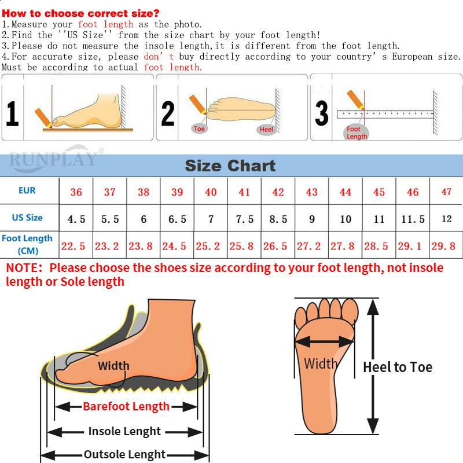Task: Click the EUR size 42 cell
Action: coord(278,192)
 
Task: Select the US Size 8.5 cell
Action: coord(278,219)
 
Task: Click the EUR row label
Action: coord(27,190)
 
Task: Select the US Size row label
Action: coord(27,218)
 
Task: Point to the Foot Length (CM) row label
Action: coord(27,245)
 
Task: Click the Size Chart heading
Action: coord(230,166)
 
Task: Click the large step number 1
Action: coord(12,114)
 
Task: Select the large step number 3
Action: coord(322,113)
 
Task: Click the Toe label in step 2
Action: coord(200,129)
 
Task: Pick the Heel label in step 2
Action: coord(266,130)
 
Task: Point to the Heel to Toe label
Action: coord(398,367)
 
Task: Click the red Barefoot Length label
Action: coord(126,406)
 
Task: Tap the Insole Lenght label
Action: coord(124,431)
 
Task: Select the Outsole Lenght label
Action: coord(124,454)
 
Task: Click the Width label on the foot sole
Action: coord(321,364)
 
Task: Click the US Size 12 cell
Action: coord(446,219)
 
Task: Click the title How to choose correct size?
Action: coord(81,13)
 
